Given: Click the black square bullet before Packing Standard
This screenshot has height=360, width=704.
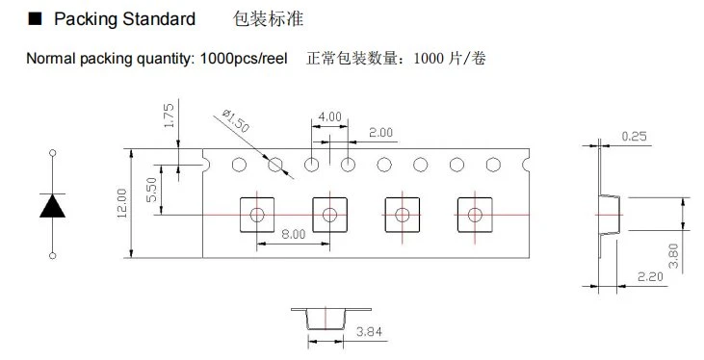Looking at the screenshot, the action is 35,18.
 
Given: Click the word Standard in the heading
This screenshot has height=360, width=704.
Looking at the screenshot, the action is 159,19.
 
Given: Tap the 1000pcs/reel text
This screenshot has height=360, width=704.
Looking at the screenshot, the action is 244,59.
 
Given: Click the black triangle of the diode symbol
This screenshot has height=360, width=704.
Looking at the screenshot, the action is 53,206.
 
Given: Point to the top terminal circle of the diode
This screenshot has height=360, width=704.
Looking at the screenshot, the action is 53,153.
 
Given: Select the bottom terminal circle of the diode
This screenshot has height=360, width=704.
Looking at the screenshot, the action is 53,256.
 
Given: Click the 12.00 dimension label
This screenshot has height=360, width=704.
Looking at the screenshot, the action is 122,203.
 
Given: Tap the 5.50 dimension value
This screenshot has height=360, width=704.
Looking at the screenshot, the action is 152,190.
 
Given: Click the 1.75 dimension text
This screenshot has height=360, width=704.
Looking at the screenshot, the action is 169,116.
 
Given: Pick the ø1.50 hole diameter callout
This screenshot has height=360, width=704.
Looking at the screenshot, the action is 236,120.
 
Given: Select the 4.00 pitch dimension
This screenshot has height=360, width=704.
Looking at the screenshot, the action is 330,116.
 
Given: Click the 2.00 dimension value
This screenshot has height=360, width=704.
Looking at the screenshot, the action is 380,133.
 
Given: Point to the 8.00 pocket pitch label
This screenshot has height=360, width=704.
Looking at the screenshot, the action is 293,234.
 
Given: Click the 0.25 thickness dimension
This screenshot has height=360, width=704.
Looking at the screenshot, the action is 635,136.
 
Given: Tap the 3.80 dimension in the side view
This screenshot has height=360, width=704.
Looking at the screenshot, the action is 673,255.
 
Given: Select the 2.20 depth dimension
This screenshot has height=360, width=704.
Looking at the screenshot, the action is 650,276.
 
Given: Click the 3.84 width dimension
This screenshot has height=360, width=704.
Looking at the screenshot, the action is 369,332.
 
